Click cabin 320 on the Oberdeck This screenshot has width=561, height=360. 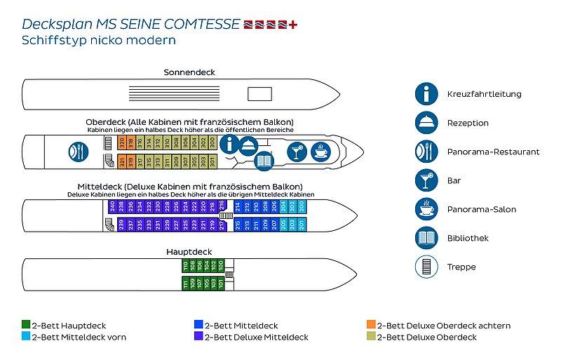(x=122, y=142)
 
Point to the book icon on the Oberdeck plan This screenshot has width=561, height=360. (x=264, y=162)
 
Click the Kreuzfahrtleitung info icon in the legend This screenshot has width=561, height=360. (x=426, y=93)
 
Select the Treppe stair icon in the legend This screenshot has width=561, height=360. (x=426, y=267)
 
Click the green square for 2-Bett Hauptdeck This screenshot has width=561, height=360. (x=25, y=326)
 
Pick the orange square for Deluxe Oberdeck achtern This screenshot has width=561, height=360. (x=371, y=326)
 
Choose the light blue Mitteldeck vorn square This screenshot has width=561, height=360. (x=25, y=337)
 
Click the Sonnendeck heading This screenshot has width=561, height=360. (x=189, y=72)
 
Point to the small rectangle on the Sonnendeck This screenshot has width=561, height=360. (x=259, y=93)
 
